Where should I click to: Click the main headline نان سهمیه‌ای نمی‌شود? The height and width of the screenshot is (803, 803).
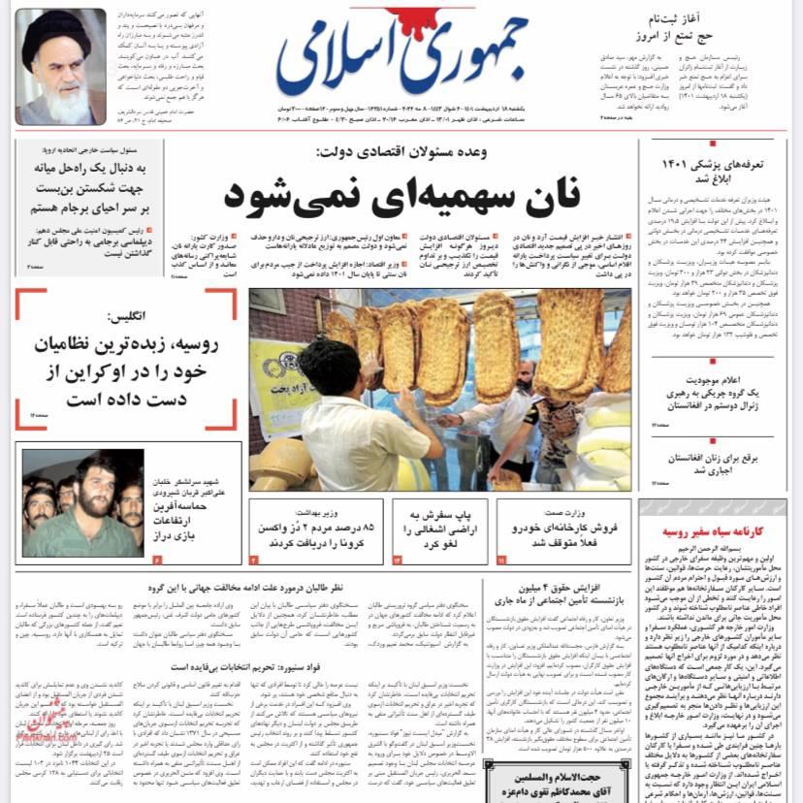(401, 192)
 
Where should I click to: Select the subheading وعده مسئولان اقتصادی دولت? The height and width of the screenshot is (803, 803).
(401, 153)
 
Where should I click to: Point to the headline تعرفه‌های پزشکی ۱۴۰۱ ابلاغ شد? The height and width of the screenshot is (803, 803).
(713, 172)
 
